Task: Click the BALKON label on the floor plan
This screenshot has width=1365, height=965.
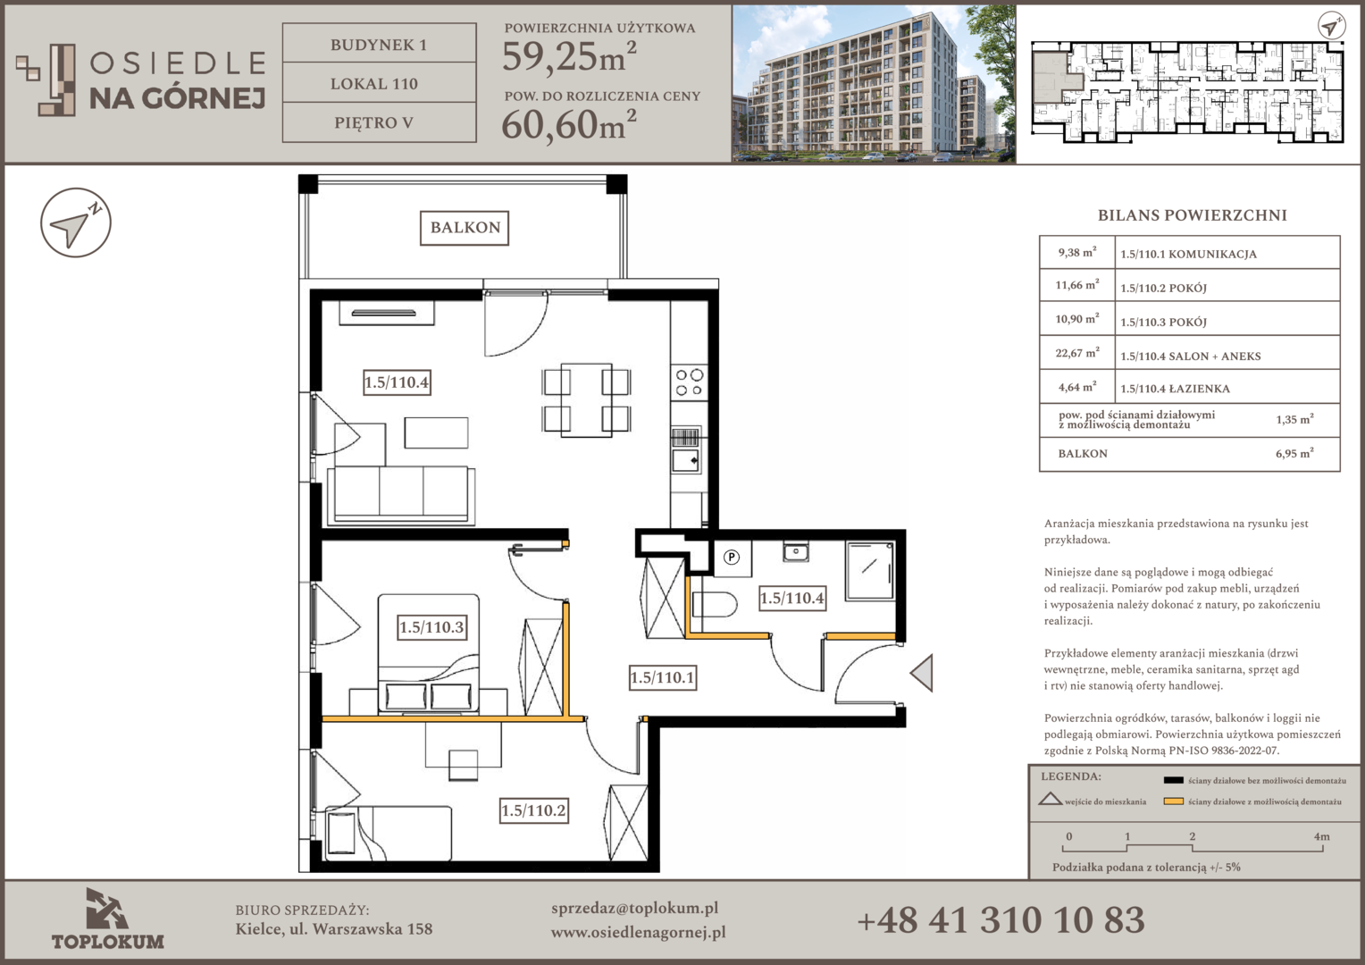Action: click(x=465, y=228)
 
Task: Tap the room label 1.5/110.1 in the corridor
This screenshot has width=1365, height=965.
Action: click(x=662, y=677)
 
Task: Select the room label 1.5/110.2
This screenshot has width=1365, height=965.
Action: click(x=534, y=810)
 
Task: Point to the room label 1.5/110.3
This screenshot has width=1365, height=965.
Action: click(x=432, y=627)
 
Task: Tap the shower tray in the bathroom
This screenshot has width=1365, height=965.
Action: click(x=869, y=571)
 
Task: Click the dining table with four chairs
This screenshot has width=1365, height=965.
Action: click(x=586, y=400)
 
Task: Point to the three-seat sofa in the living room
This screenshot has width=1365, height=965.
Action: click(x=401, y=495)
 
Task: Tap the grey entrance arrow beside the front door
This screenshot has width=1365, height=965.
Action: click(x=921, y=673)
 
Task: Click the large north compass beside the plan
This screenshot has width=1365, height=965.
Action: click(x=76, y=222)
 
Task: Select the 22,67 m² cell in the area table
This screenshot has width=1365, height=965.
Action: click(x=1076, y=352)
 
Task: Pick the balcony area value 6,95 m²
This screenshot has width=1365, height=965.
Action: click(x=1294, y=453)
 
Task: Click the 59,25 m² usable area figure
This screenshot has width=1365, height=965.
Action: click(x=569, y=56)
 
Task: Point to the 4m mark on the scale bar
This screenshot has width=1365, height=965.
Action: click(x=1322, y=837)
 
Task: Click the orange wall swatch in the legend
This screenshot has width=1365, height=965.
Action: click(x=1173, y=801)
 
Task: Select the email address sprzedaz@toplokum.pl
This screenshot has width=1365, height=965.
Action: click(x=634, y=909)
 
